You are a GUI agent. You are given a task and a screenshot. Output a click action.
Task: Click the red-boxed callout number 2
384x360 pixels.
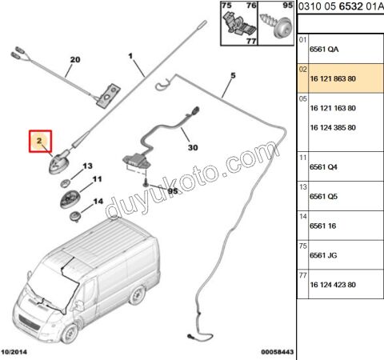[39, 141]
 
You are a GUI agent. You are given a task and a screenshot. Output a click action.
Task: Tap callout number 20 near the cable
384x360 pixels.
[75, 59]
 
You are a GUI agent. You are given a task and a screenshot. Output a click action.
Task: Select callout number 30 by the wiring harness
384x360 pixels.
[193, 147]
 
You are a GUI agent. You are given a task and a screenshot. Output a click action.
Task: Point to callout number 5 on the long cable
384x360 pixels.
[233, 75]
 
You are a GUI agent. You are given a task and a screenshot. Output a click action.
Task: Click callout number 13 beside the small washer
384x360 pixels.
[87, 166]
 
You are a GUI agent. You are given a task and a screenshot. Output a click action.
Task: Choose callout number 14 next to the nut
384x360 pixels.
[98, 202]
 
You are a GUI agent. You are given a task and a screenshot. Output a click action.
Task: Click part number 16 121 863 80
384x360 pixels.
[333, 78]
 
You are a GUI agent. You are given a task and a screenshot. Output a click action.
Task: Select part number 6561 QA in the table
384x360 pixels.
[324, 50]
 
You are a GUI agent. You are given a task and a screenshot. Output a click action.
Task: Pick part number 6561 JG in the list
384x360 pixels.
[323, 255]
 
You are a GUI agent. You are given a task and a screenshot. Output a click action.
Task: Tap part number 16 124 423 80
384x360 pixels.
[333, 285]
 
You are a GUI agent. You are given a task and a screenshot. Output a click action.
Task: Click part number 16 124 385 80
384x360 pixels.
[333, 128]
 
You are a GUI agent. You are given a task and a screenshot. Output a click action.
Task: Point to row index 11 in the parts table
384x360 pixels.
[302, 158]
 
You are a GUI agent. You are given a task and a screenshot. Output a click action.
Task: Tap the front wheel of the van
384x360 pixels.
[70, 334]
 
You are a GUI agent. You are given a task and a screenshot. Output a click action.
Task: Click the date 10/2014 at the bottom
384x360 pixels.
[14, 352]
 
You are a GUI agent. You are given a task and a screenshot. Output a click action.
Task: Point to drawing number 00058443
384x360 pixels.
[278, 352]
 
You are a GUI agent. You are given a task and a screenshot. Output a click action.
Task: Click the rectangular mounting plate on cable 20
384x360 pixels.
[108, 96]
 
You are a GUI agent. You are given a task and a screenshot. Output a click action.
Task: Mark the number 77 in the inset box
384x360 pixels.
[251, 42]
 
